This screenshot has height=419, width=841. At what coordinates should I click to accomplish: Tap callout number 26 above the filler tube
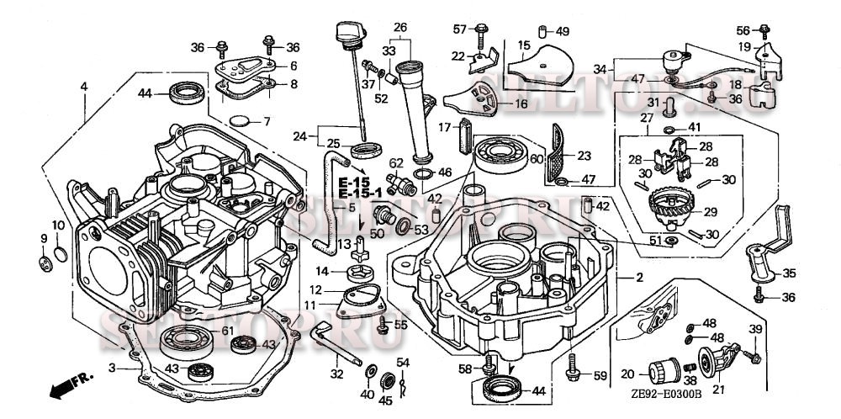(400, 27)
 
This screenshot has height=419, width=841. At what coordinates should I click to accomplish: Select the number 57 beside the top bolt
(459, 29)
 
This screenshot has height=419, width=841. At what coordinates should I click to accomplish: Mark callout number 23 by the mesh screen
(584, 155)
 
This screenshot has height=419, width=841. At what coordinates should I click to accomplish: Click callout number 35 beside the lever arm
(789, 273)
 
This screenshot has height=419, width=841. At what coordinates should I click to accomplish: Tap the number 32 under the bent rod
(337, 375)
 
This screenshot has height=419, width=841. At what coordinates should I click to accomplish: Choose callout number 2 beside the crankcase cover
(640, 277)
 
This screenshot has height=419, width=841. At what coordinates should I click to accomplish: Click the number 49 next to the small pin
(563, 32)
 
